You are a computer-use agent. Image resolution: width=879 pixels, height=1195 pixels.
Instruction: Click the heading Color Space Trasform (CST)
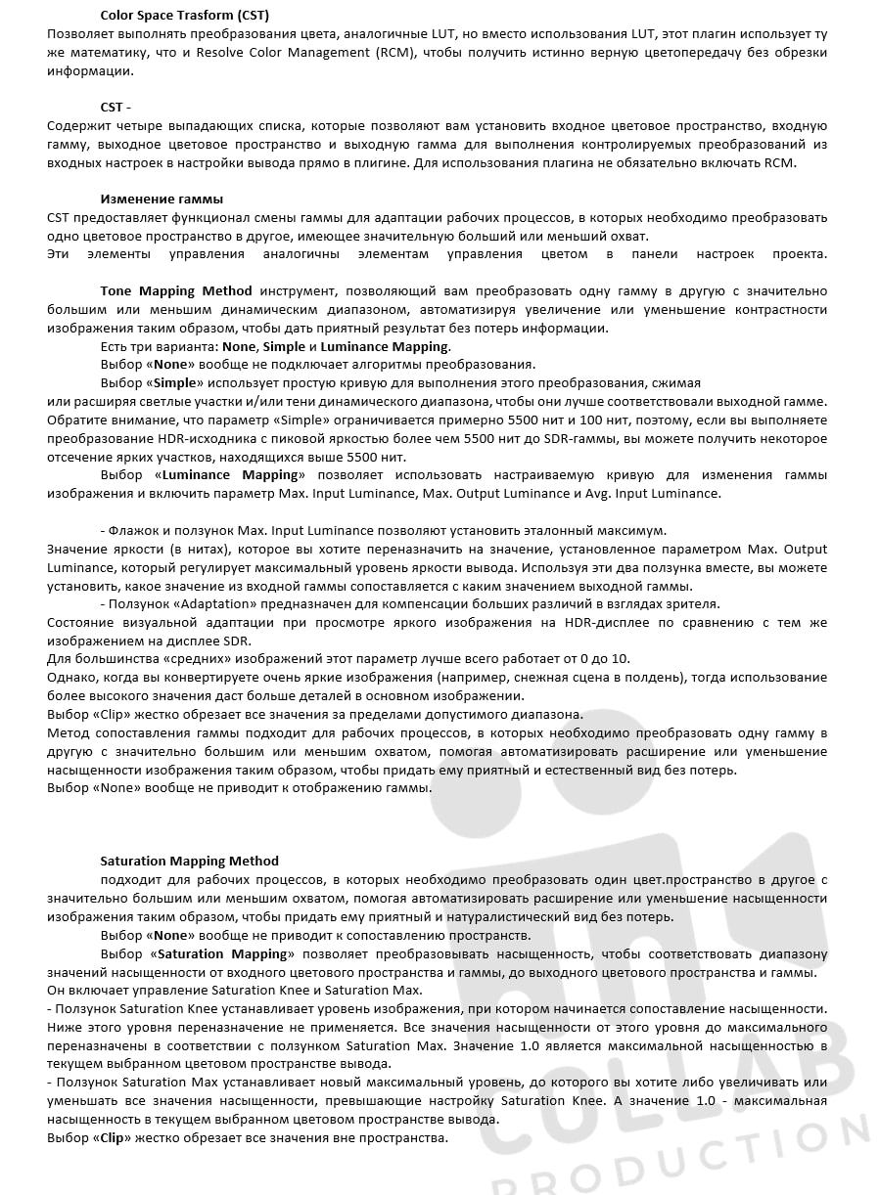[x=184, y=15]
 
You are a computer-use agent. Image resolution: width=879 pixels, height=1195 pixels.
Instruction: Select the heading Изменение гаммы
[x=162, y=199]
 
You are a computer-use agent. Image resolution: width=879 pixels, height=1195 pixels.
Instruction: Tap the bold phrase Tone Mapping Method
[x=176, y=290]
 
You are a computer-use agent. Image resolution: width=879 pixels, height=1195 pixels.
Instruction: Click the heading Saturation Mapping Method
[x=189, y=861]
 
